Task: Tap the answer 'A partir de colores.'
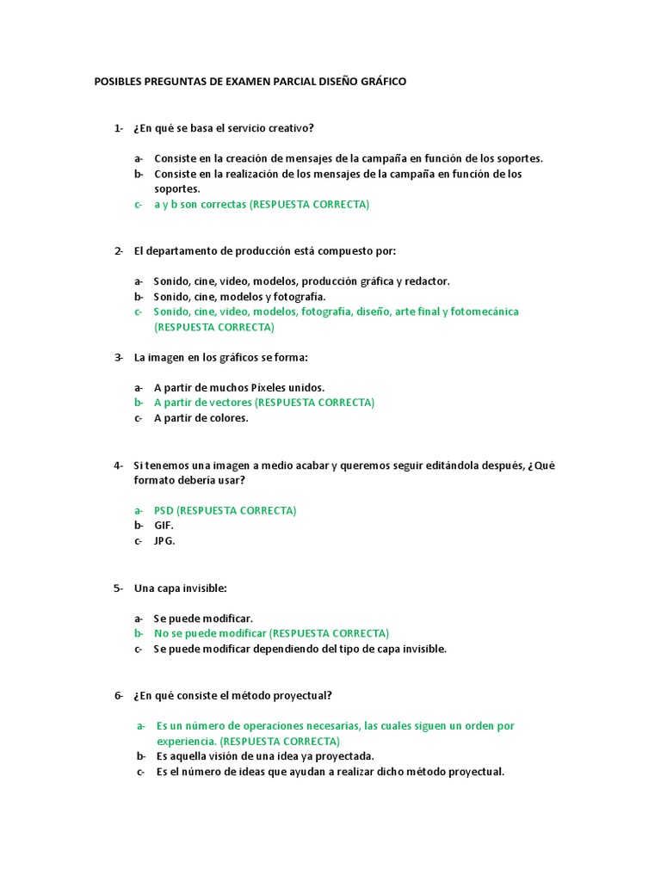click(201, 418)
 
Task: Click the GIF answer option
click(164, 526)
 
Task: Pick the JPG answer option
click(164, 541)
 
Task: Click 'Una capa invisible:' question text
click(180, 588)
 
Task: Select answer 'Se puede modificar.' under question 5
click(203, 619)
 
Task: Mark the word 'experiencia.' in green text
click(186, 741)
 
